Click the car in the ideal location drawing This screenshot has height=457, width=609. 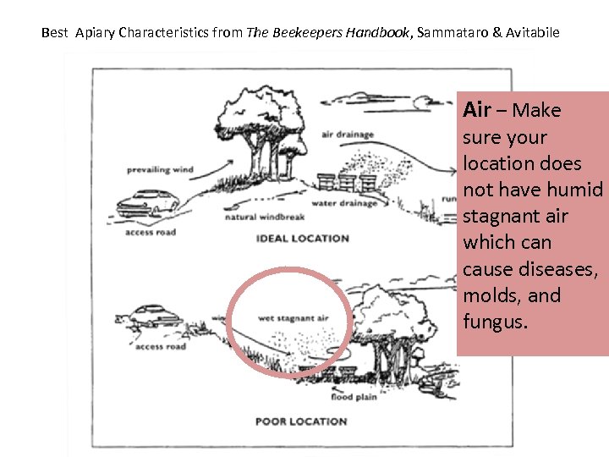(147, 201)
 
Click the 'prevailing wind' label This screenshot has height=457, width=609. (160, 169)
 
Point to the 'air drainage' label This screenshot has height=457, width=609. (347, 135)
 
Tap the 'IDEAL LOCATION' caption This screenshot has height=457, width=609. (302, 239)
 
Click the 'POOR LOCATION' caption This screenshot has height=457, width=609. (301, 421)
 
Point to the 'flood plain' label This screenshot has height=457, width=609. (354, 397)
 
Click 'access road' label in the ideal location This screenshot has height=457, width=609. (150, 232)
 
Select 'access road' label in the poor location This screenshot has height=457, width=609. (160, 347)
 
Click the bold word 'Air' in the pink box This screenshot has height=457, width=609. (476, 110)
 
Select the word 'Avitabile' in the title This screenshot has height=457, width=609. (530, 33)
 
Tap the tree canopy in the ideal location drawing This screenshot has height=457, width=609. (261, 111)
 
